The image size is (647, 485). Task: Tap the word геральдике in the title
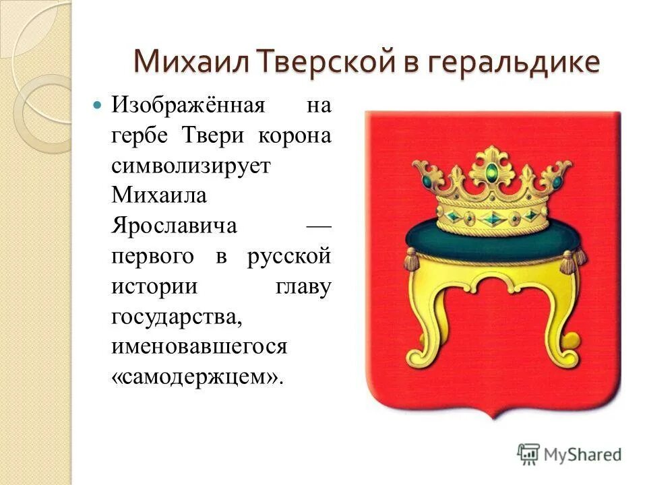[x=512, y=61]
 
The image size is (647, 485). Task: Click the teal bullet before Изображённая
[x=96, y=106]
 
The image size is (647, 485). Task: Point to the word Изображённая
[x=187, y=106]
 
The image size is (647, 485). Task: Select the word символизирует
[x=191, y=166]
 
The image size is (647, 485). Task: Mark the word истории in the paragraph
[x=154, y=286]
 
